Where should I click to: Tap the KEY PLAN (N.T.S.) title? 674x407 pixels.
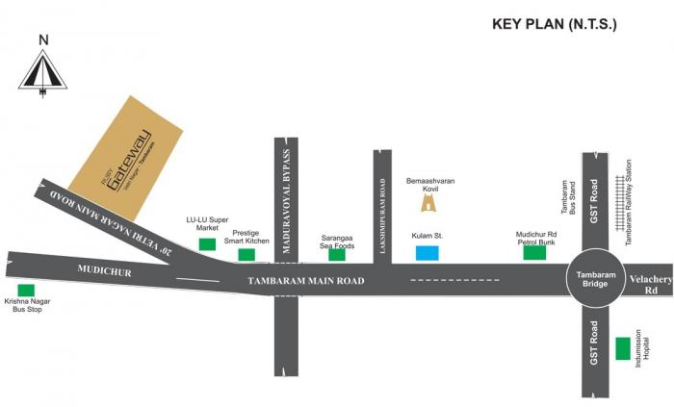(x=554, y=22)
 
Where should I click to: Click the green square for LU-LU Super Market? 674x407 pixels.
(x=207, y=244)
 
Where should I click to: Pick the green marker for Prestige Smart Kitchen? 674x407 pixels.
(x=246, y=255)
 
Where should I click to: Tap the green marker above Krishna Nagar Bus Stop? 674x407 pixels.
(x=26, y=290)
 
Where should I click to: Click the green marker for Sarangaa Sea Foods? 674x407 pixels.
(x=336, y=255)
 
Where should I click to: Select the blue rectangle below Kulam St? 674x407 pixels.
(x=427, y=253)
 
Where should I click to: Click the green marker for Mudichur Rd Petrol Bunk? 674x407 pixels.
(x=534, y=253)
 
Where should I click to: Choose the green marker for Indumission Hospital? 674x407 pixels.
(x=624, y=347)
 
